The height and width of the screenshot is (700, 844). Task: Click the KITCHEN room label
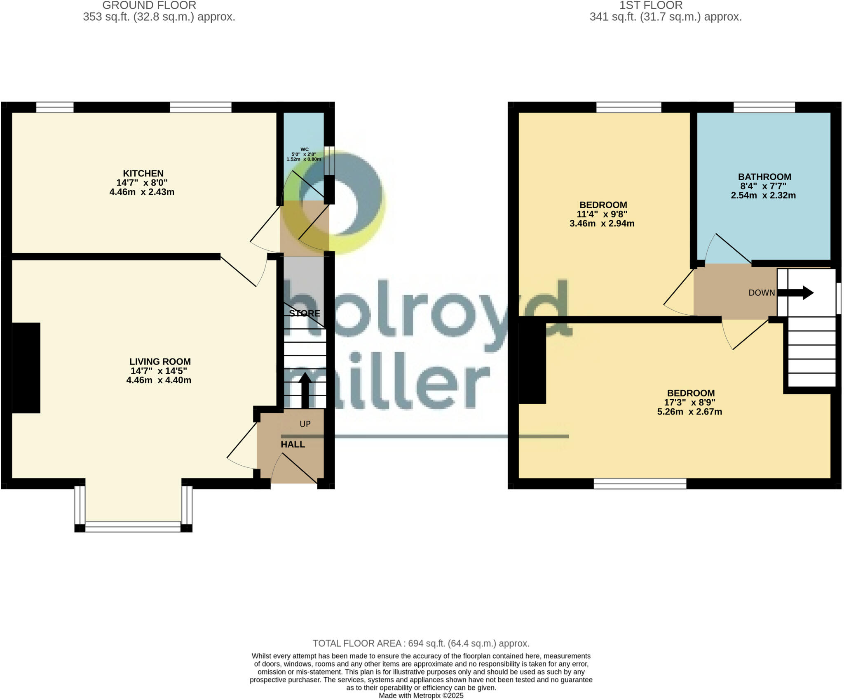coord(143,173)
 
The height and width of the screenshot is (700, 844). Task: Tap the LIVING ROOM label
coord(160,361)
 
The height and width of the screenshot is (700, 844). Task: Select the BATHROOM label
coord(764,177)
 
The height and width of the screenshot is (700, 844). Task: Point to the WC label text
coord(304,149)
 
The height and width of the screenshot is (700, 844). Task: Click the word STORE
coord(305,313)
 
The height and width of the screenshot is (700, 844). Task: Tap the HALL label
coord(293,444)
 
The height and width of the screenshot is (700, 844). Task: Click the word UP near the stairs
coord(305,424)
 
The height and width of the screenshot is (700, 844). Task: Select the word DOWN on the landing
coord(762,293)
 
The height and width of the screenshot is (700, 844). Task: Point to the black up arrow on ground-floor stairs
coord(305,390)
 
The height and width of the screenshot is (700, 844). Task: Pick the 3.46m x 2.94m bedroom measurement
coord(602,224)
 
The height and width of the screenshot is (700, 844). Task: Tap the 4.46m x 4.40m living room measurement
coord(159,380)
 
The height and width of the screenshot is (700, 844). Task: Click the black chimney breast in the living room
coord(26,368)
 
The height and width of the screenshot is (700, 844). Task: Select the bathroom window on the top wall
coord(764,108)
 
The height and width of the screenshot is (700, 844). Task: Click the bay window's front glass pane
coord(133,527)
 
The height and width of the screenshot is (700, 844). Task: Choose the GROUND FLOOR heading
coord(149,5)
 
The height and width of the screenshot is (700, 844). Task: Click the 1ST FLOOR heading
coord(651,5)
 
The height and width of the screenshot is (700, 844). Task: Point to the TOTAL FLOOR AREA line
coord(421,643)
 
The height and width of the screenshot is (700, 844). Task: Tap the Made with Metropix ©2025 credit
coord(421,695)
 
